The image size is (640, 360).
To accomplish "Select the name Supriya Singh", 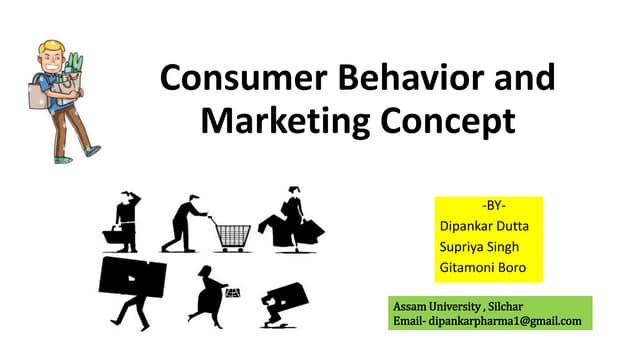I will coord(483,248).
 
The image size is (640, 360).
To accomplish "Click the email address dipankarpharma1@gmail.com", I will coord(513,320).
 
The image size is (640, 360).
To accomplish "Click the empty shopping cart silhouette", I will coord(231,233).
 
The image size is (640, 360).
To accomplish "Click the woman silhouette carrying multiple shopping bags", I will coord(290,220).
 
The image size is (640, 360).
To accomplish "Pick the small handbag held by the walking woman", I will coord(233,292).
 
